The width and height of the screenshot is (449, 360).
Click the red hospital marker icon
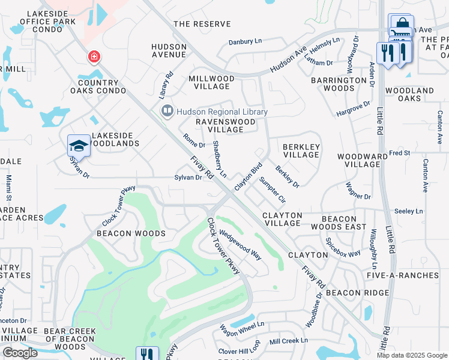pos(94,57)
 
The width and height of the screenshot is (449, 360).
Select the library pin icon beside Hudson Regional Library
pos(167,111)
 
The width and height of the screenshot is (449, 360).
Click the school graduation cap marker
pos(79,145)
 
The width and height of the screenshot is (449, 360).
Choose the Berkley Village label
pos(301,151)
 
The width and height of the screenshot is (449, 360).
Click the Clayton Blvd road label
pos(249,177)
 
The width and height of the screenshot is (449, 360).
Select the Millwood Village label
pos(211,82)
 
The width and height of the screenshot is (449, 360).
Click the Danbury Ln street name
pos(246,42)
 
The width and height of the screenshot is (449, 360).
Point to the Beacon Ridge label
pos(358,292)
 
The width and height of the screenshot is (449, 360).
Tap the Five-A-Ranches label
pos(412,275)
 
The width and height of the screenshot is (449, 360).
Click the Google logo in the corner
pos(20,352)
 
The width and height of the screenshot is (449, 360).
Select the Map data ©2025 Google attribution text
pos(412,355)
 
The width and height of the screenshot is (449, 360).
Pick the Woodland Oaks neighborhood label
pos(409,94)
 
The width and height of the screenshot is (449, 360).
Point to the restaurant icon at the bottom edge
pos(147,354)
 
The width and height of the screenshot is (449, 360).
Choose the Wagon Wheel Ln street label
pos(241,329)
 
